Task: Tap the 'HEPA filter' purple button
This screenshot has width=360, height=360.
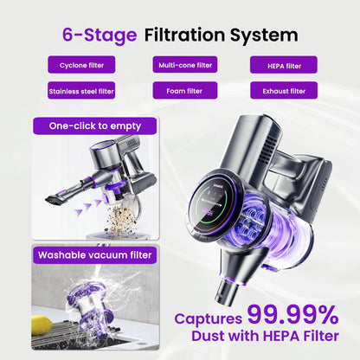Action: click(x=283, y=65)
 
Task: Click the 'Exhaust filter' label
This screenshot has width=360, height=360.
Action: click(x=283, y=90)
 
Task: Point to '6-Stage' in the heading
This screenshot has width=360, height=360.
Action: click(x=100, y=35)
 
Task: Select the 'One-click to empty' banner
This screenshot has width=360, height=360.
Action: click(x=94, y=126)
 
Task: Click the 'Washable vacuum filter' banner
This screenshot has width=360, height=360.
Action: click(x=94, y=254)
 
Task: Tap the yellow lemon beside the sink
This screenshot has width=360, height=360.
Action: click(x=42, y=325)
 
